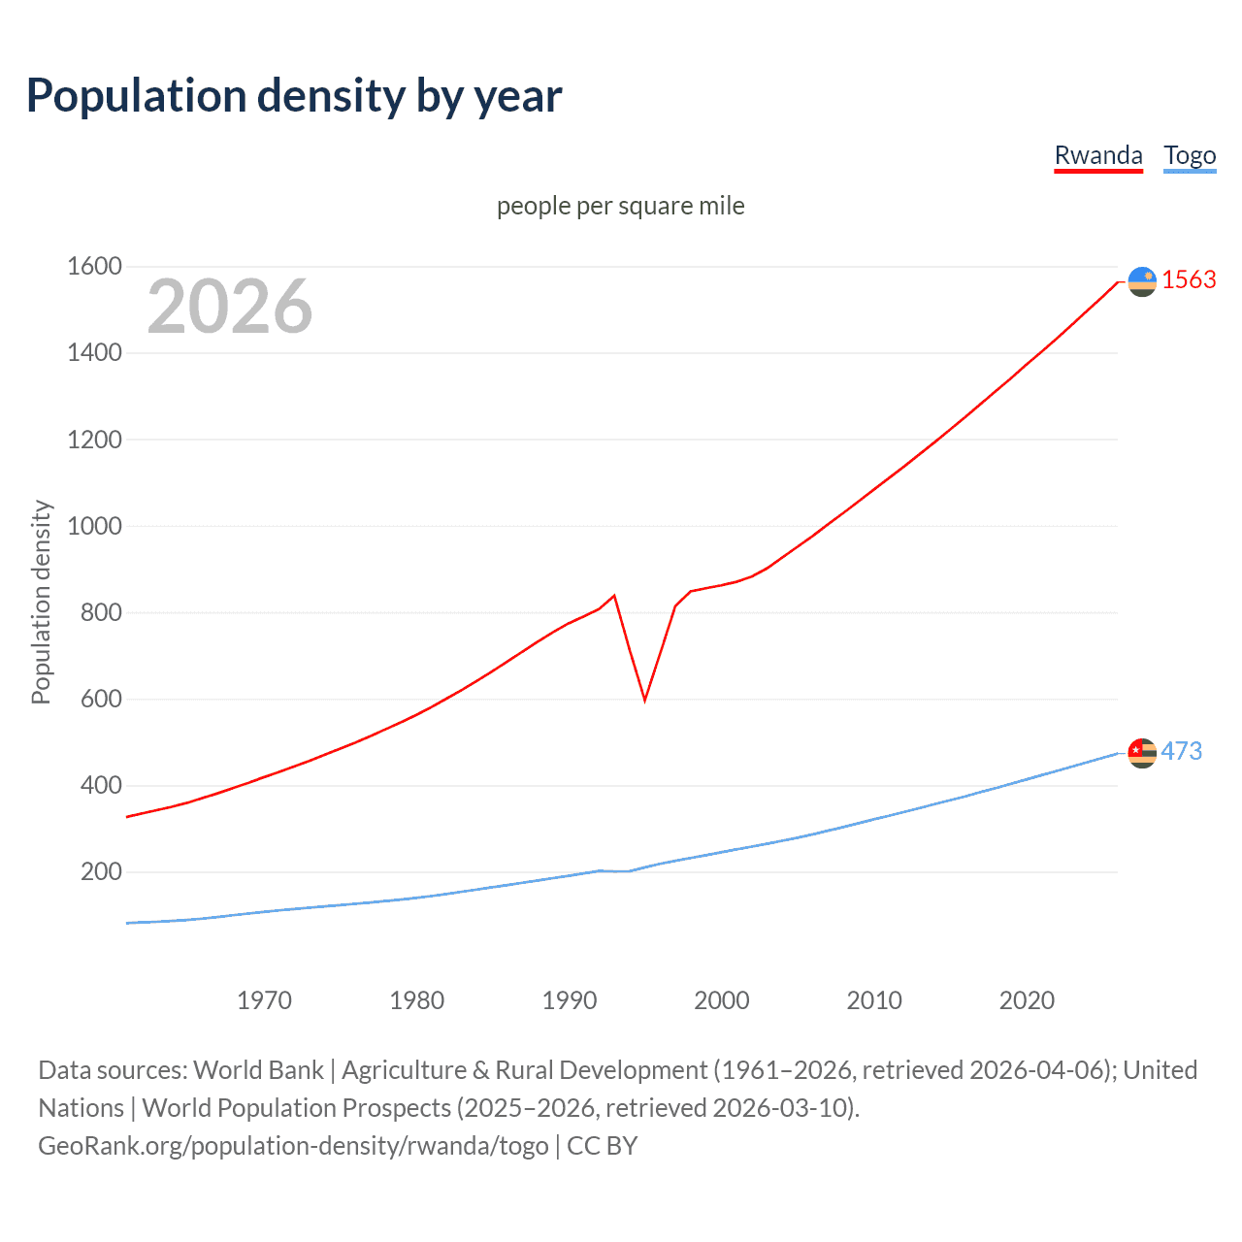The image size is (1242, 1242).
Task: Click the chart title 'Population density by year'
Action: (x=294, y=96)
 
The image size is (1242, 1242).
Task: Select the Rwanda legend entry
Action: (x=1097, y=155)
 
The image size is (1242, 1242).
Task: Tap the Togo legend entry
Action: (x=1190, y=155)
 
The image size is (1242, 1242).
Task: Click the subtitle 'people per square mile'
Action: (x=620, y=206)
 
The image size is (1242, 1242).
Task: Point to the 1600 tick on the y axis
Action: (x=94, y=266)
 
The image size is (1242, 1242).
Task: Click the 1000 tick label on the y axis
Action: (x=94, y=526)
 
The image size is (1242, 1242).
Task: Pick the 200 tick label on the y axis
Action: (x=101, y=871)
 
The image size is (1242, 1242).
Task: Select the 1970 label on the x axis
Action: (x=264, y=1000)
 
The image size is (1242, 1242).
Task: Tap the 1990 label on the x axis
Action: (x=570, y=1000)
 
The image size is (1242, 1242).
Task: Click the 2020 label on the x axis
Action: (x=1027, y=1000)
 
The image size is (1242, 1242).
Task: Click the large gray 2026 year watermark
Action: (x=230, y=307)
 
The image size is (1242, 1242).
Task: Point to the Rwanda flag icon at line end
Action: (x=1142, y=281)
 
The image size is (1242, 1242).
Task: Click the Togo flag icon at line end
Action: (x=1142, y=753)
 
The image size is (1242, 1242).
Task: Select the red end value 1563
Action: (x=1189, y=279)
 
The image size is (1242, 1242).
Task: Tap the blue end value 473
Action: (x=1181, y=751)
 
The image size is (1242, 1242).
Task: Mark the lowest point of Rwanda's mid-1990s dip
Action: (x=644, y=700)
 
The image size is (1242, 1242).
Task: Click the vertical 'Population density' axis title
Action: (x=41, y=602)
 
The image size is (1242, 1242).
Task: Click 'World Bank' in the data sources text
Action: (x=258, y=1069)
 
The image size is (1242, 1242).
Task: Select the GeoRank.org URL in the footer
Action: (x=293, y=1145)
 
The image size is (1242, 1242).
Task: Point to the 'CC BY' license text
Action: (x=602, y=1145)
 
